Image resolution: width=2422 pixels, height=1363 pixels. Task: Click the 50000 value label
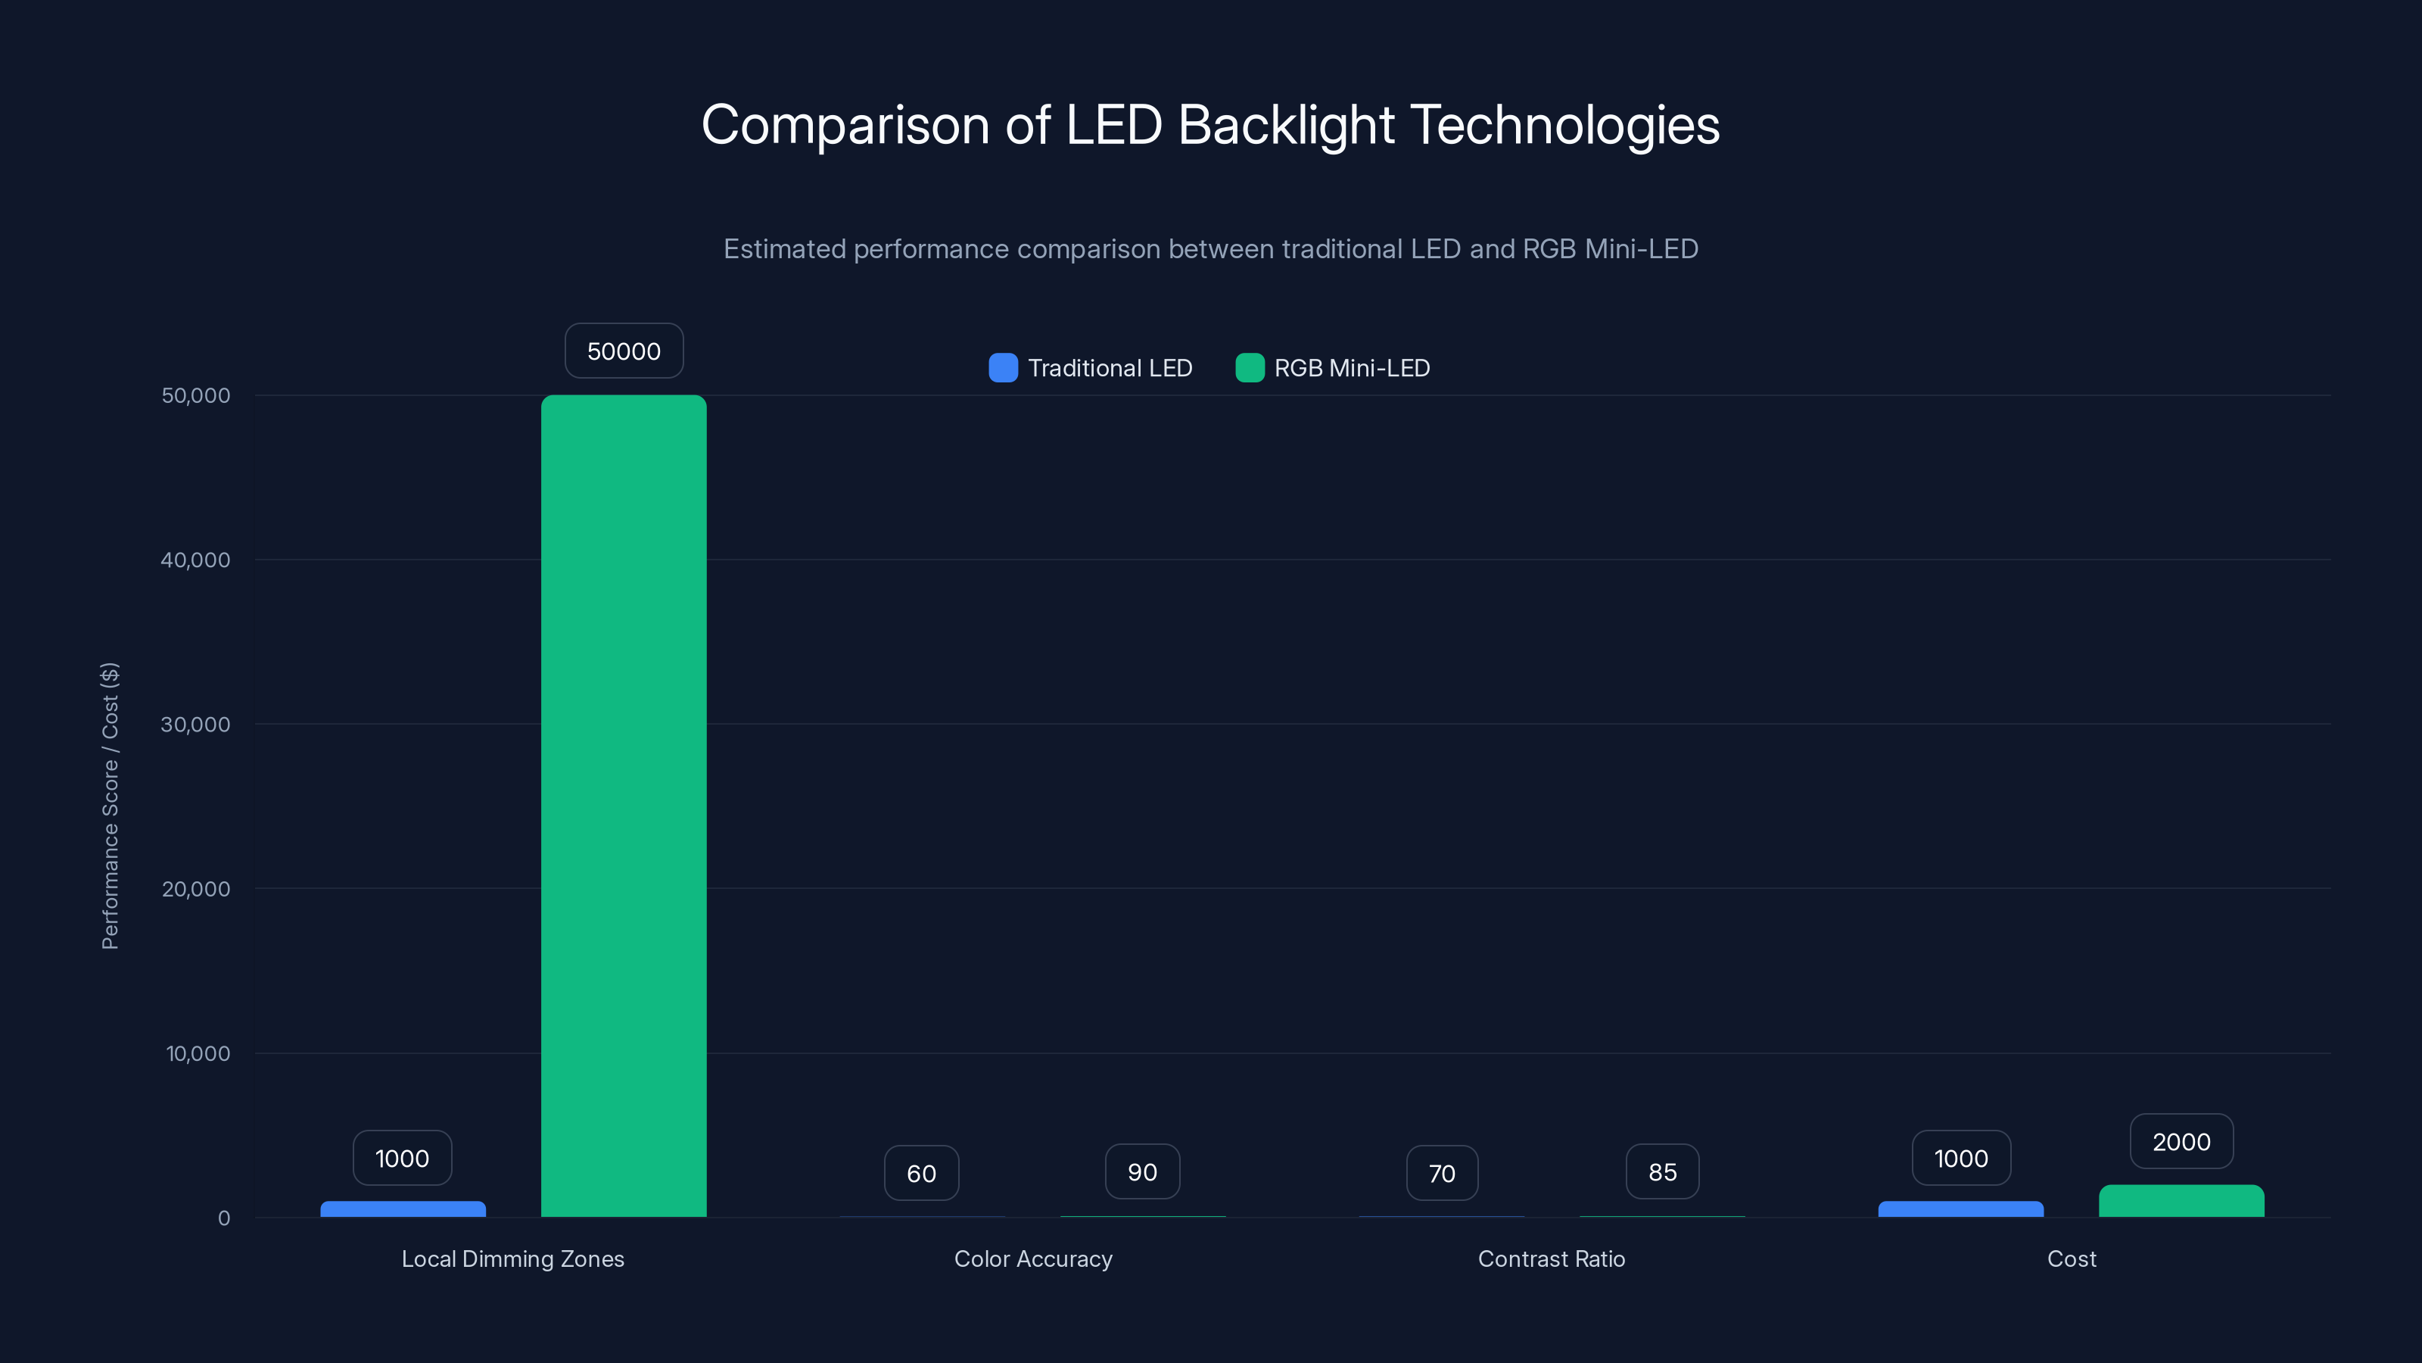[x=624, y=351]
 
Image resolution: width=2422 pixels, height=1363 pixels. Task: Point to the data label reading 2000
[x=2181, y=1142]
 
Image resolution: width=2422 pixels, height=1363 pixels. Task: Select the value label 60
[x=920, y=1173]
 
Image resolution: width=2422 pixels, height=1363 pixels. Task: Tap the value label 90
[x=1141, y=1172]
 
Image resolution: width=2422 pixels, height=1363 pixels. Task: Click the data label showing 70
[x=1441, y=1173]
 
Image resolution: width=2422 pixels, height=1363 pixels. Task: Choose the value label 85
[x=1661, y=1172]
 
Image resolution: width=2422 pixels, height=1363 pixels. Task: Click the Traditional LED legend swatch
[x=1002, y=368]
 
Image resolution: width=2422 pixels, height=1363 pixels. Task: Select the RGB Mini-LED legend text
[x=1351, y=368]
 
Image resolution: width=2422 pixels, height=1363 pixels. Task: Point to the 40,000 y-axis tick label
[x=195, y=560]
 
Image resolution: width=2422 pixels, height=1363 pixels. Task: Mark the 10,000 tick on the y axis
[x=198, y=1053]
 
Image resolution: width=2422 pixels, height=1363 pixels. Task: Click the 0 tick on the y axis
[x=224, y=1218]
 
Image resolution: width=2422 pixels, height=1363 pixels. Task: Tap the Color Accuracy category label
[x=1032, y=1259]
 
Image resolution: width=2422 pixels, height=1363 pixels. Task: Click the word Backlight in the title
[x=1285, y=125]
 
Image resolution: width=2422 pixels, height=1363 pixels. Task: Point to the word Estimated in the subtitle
[x=784, y=249]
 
